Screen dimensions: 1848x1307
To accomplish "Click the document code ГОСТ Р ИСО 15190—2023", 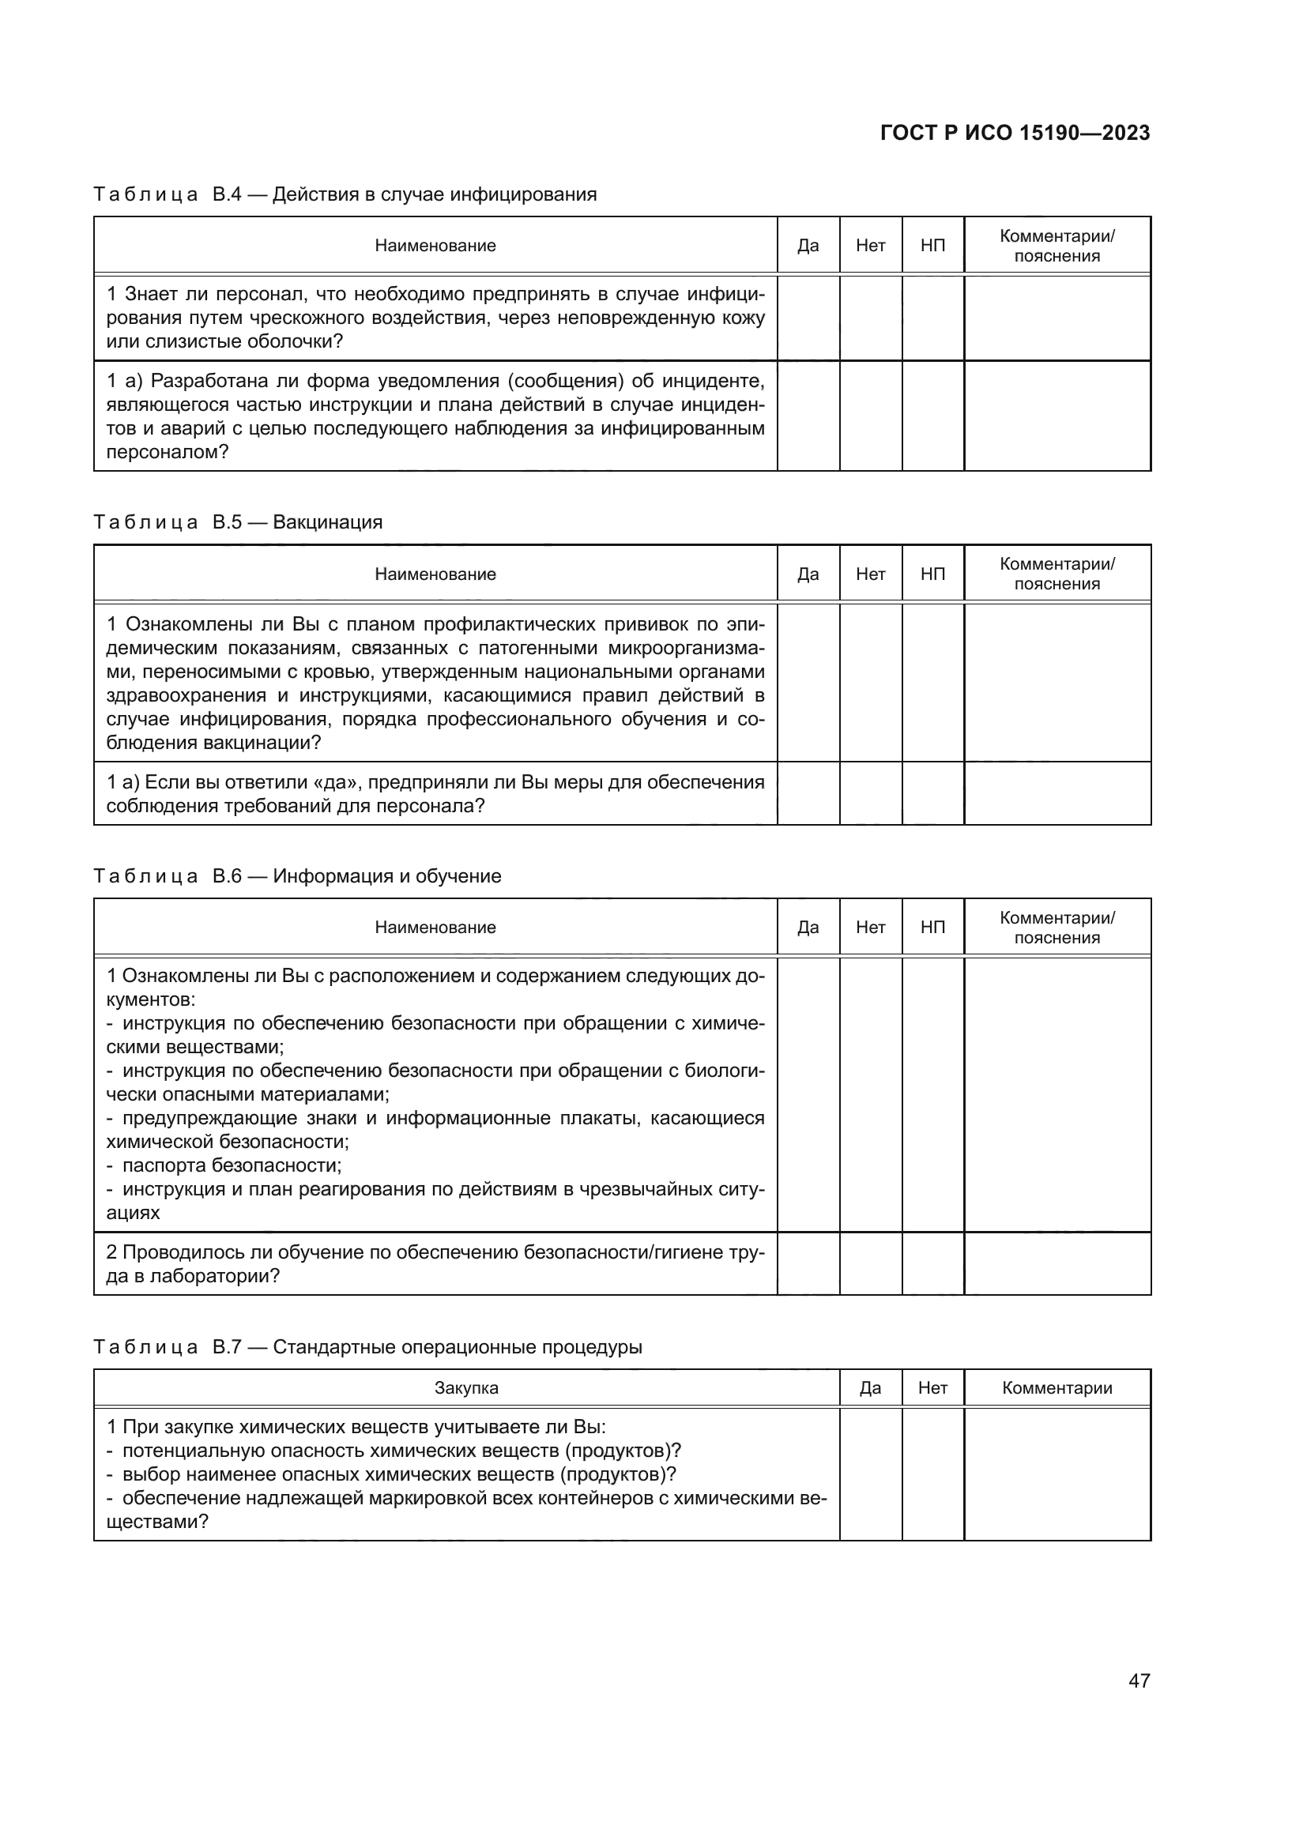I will coord(1015,133).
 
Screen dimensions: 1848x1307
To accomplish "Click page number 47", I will coord(1139,1681).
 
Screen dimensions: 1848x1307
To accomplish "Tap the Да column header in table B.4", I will coord(808,246).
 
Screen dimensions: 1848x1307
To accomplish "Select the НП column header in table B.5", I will coord(932,574).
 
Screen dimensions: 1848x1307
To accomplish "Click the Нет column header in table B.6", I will coord(870,928).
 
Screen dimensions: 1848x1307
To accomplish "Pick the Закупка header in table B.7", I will coord(466,1387).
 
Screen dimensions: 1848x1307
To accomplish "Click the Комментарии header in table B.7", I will coord(1057,1387).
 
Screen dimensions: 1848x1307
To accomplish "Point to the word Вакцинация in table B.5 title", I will coord(328,522).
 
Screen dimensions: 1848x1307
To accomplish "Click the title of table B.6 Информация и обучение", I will coord(386,875).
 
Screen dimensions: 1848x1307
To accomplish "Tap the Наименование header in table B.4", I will coord(435,246).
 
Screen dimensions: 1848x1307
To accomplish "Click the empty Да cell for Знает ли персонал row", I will coord(808,318).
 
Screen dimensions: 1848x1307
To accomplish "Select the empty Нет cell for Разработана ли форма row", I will coord(870,416).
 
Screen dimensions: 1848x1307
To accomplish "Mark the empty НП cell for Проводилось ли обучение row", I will coord(932,1263).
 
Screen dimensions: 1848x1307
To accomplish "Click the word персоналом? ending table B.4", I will coord(168,453).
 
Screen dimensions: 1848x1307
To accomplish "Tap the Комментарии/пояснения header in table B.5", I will coord(1057,574).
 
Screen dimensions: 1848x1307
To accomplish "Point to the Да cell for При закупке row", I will coord(870,1474).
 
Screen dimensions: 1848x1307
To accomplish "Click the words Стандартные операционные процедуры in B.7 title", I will coord(457,1347).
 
